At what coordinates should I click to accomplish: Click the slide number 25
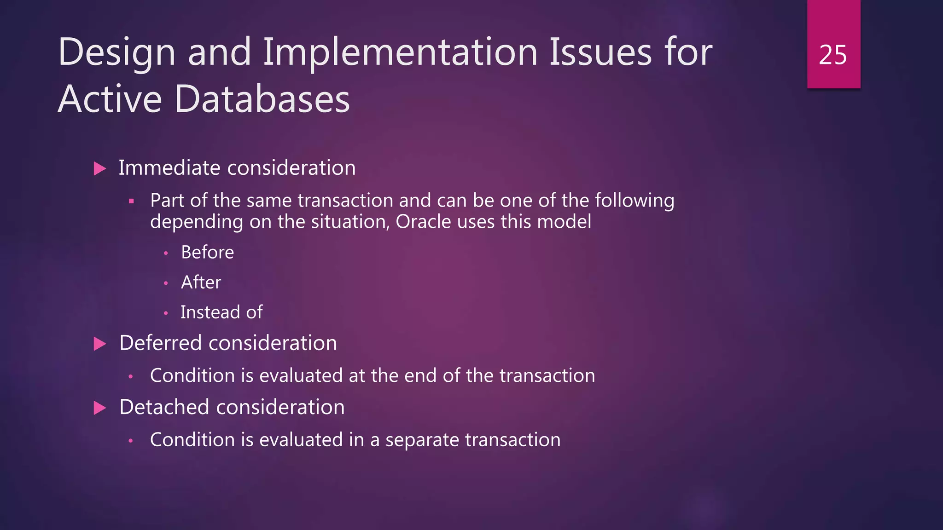[832, 55]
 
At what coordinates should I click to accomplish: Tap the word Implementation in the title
[400, 52]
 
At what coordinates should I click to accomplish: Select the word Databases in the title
[262, 99]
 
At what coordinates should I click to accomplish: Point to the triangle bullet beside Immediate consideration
[99, 168]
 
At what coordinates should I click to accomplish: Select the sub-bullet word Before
[207, 253]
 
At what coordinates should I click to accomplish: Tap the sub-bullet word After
[201, 282]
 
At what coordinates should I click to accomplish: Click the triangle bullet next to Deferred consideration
[99, 344]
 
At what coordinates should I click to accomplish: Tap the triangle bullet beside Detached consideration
[99, 408]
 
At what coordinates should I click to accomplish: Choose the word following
[634, 201]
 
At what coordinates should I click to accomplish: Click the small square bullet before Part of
[131, 201]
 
